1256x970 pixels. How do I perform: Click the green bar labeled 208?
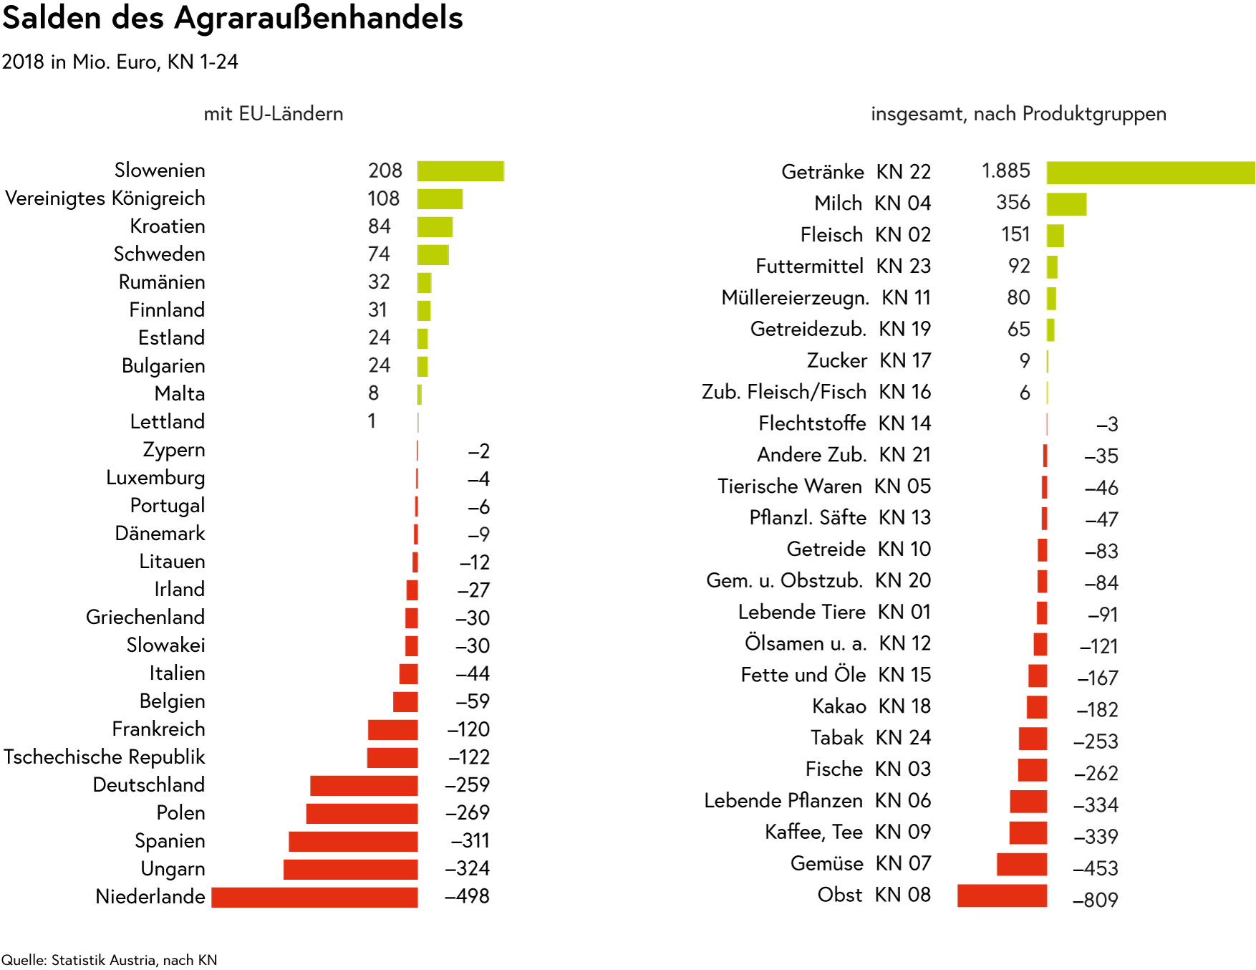460,171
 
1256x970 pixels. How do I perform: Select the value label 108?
383,198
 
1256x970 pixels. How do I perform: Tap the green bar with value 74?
433,254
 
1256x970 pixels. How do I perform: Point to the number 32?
379,282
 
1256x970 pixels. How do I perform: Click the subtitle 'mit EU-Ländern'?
273,114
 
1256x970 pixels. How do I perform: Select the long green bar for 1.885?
1150,173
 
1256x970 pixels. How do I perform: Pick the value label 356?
1013,203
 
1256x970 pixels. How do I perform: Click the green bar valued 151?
1055,236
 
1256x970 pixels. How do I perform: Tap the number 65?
1018,330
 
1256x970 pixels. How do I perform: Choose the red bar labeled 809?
1002,896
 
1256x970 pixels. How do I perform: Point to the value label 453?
1101,868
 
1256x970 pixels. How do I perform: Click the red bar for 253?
1033,739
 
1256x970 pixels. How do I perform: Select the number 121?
1103,647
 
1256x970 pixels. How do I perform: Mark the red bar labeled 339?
1028,833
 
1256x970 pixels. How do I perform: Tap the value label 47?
1106,519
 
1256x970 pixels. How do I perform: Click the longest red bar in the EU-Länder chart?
314,898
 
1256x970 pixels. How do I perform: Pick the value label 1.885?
1005,171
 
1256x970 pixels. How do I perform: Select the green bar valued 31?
424,310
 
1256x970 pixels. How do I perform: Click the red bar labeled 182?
1037,707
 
